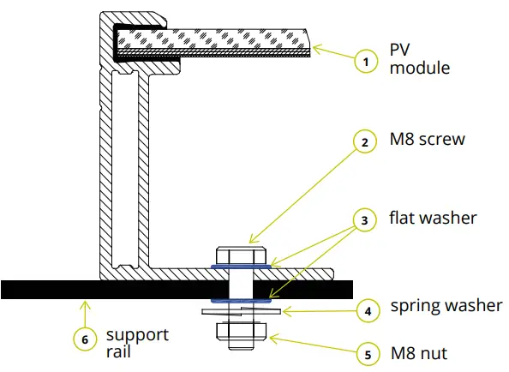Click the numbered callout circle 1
(366, 61)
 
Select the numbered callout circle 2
(366, 143)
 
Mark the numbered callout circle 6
(84, 339)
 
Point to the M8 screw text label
(428, 138)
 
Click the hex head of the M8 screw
(241, 256)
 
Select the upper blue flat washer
(241, 267)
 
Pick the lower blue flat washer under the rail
(241, 302)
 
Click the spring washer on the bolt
(241, 312)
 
